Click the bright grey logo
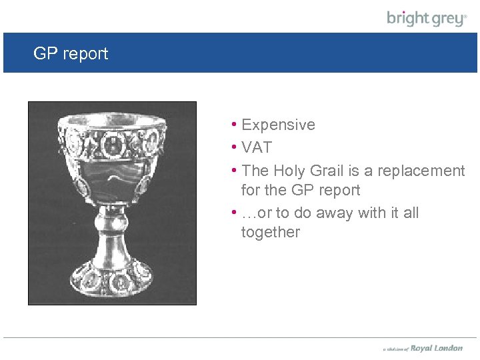427,18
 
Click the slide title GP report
71,54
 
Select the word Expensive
278,125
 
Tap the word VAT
257,147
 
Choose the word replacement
421,171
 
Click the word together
271,232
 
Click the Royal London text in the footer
436,348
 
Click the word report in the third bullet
339,190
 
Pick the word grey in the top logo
445,19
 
